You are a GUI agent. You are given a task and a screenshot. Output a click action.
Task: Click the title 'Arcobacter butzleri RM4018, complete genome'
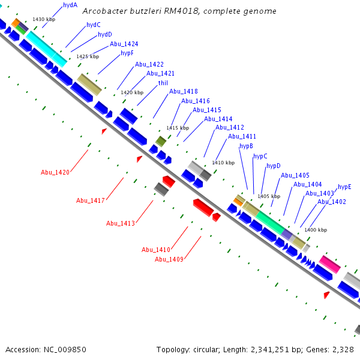coord(179,11)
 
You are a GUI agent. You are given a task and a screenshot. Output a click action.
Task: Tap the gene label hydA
coord(70,5)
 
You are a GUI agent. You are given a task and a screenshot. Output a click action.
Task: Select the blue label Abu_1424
coord(124,44)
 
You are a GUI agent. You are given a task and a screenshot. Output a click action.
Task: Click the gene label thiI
coord(163,83)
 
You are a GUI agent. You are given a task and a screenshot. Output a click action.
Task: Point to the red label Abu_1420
coord(55,173)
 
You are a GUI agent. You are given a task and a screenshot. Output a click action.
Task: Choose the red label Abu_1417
coord(91,200)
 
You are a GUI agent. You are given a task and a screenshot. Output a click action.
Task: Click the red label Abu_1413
coord(121,223)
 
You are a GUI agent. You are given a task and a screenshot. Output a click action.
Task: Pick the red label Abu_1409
coord(169,259)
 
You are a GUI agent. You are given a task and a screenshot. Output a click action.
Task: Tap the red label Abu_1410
coord(156,250)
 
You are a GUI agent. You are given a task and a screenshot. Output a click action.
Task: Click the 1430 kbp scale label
coord(43,20)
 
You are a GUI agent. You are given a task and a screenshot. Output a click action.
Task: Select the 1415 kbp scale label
coord(177,128)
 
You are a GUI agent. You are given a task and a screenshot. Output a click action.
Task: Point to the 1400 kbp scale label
coord(316,230)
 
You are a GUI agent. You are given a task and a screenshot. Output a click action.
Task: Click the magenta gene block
coord(330,263)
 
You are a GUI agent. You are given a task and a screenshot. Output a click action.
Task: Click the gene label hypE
coord(344,187)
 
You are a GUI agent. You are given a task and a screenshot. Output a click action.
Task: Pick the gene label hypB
coord(246,146)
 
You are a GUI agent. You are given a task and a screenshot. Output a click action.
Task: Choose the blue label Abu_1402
coord(331,202)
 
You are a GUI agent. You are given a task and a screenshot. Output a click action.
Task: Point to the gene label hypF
coord(127,53)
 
